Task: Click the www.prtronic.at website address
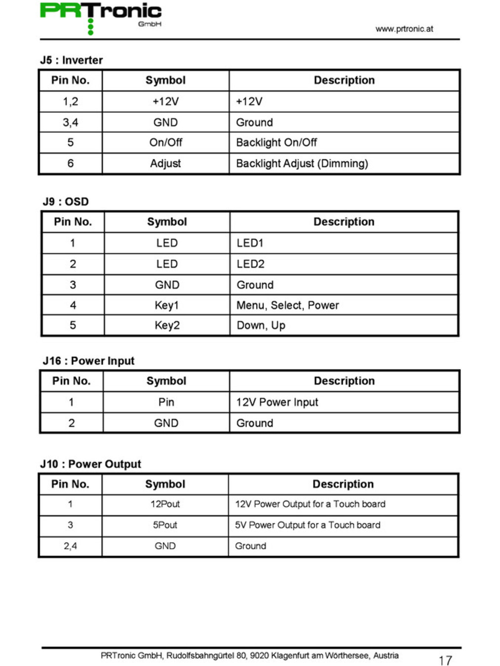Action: point(404,29)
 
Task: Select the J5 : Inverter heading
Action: point(72,60)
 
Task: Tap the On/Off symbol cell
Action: point(165,143)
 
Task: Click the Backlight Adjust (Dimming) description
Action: point(302,163)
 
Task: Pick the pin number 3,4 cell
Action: point(70,122)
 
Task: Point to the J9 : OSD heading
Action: point(66,202)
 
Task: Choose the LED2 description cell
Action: point(250,264)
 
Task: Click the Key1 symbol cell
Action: point(166,305)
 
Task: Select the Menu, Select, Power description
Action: point(287,305)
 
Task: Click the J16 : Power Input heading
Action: point(88,361)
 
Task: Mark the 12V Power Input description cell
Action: point(277,402)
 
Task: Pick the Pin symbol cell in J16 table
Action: point(166,402)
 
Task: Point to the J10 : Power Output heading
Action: point(90,464)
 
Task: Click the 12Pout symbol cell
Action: point(165,504)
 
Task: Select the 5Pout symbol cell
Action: point(165,525)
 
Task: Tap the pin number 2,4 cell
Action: point(70,546)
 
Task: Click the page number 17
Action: point(445,661)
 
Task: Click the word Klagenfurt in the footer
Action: point(290,656)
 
